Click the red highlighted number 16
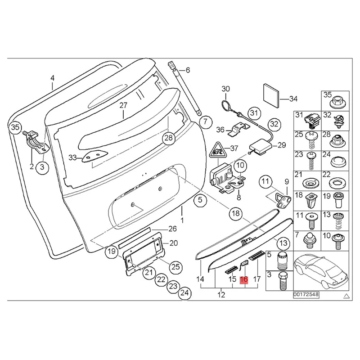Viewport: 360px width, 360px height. click(x=244, y=279)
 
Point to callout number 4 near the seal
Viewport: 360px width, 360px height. click(x=52, y=78)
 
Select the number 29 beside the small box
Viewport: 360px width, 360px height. click(x=281, y=145)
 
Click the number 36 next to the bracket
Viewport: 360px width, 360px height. click(x=220, y=130)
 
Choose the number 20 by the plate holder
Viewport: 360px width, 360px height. click(x=174, y=243)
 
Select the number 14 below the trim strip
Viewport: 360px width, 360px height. click(x=200, y=279)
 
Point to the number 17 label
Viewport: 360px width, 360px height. click(x=257, y=279)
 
